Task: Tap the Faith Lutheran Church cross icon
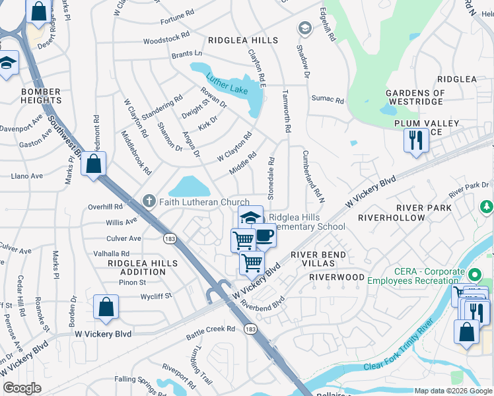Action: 149,201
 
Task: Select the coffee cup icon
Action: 264,235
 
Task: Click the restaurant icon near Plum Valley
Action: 415,141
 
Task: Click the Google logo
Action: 22,388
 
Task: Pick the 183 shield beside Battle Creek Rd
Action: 251,329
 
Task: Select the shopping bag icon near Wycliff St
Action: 106,307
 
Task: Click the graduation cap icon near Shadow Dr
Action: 304,28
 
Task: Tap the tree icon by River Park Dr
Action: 487,207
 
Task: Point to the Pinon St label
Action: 132,282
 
